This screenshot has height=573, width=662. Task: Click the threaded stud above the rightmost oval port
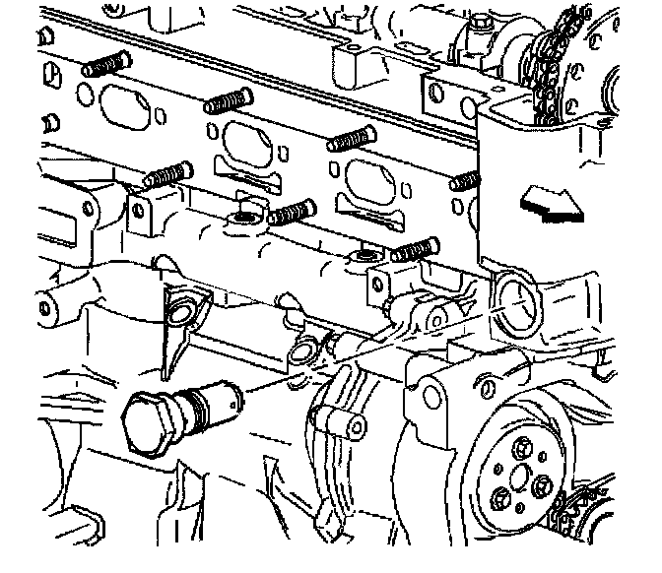[x=353, y=140]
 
